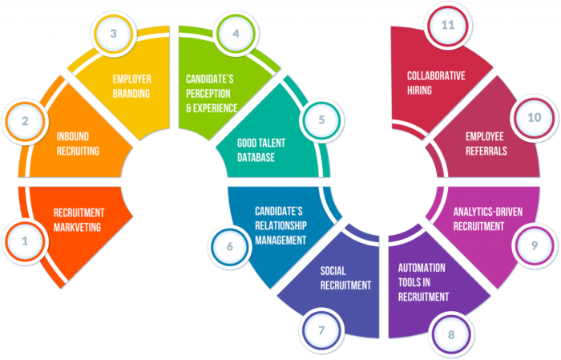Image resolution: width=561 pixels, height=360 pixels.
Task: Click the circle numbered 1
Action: [25, 241]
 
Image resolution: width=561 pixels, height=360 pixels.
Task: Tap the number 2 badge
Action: [25, 122]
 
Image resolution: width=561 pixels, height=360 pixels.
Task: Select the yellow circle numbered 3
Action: [114, 34]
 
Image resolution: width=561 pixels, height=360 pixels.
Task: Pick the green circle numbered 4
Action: [236, 34]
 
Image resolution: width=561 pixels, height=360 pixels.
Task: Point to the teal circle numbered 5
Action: [321, 120]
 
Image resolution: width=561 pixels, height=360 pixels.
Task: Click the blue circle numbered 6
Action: [229, 246]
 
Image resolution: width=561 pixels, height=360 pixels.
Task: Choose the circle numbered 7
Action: [321, 330]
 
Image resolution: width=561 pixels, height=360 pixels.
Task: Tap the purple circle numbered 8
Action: [451, 334]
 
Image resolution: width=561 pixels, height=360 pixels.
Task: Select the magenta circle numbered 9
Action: [535, 245]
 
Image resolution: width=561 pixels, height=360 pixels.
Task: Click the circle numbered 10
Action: [535, 118]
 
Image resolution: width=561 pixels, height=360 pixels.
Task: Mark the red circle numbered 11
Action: [447, 26]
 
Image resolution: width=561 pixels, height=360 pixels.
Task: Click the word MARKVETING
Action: [77, 227]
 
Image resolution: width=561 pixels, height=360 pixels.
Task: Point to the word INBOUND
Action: [73, 136]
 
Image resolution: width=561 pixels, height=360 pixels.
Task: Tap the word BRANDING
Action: [131, 93]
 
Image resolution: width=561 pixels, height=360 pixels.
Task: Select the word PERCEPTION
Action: [208, 93]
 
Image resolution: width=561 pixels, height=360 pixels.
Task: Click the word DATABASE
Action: [256, 157]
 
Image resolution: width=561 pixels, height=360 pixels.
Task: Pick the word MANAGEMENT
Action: [280, 240]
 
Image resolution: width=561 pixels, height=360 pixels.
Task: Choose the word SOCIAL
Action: [333, 271]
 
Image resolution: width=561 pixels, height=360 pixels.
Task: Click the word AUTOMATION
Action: [422, 268]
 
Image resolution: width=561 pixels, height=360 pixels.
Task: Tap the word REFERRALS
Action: [486, 151]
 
